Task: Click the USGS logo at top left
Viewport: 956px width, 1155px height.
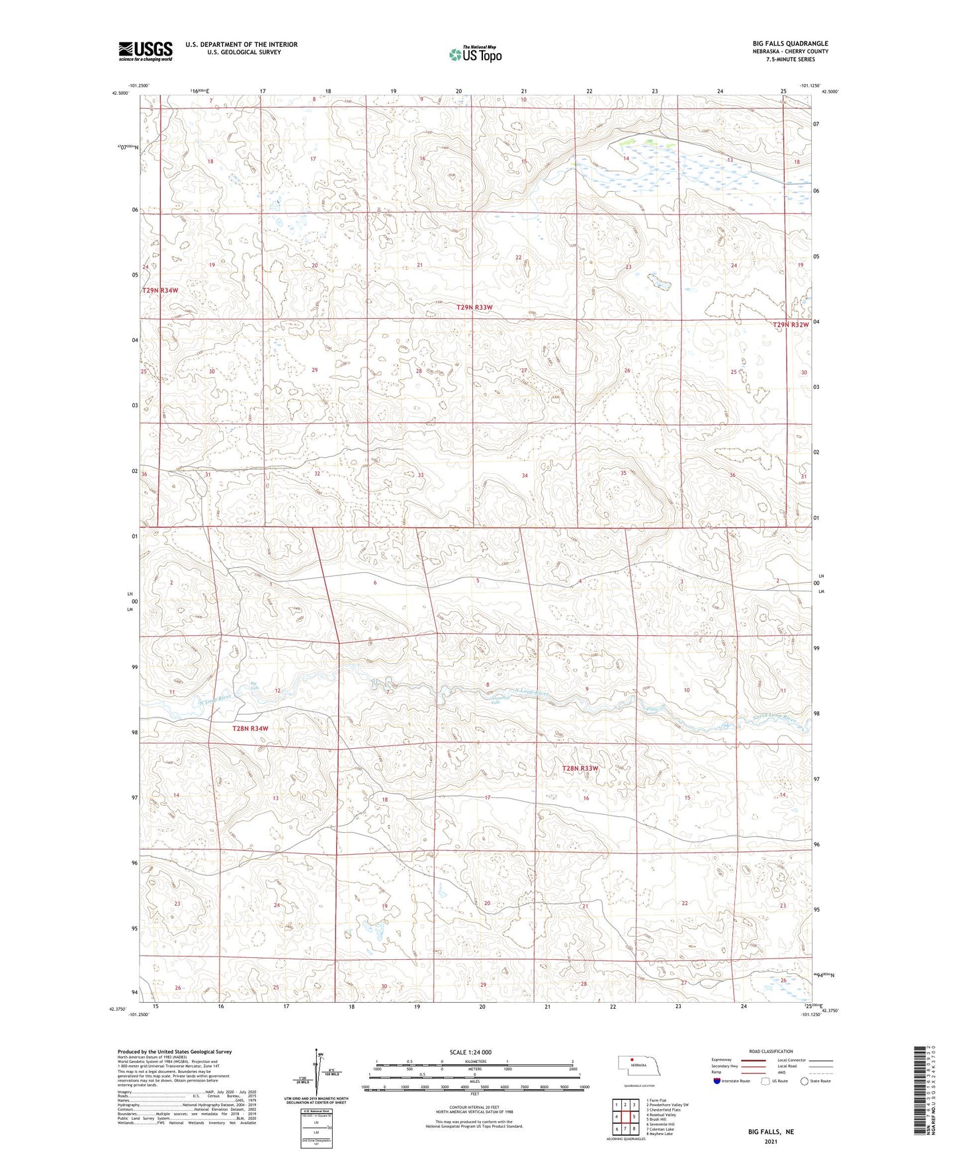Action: tap(146, 51)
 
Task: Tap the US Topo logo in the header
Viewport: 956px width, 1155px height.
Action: tap(475, 54)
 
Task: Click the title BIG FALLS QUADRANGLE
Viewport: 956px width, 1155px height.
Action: tap(785, 44)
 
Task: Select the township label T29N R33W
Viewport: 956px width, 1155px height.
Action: tap(474, 308)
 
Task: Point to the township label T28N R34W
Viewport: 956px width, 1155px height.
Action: tap(250, 728)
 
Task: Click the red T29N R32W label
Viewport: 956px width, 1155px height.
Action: tap(791, 325)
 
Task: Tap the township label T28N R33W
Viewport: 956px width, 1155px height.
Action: tap(580, 768)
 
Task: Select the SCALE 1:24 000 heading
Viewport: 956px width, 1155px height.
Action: tap(470, 1052)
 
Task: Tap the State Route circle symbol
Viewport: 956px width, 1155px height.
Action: tap(804, 1082)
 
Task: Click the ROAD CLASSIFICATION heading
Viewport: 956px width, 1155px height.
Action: tap(771, 1051)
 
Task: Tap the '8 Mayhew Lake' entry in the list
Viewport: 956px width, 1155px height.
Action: tap(659, 1134)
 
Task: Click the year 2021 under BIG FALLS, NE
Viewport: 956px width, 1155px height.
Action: tap(770, 1141)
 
